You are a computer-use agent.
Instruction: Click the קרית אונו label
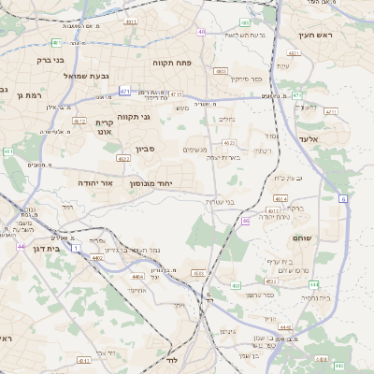pyautogui.click(x=104, y=127)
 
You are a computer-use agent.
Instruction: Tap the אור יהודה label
pyautogui.click(x=94, y=182)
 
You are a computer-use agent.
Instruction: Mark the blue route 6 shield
pyautogui.click(x=343, y=198)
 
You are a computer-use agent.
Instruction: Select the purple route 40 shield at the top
pyautogui.click(x=202, y=32)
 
